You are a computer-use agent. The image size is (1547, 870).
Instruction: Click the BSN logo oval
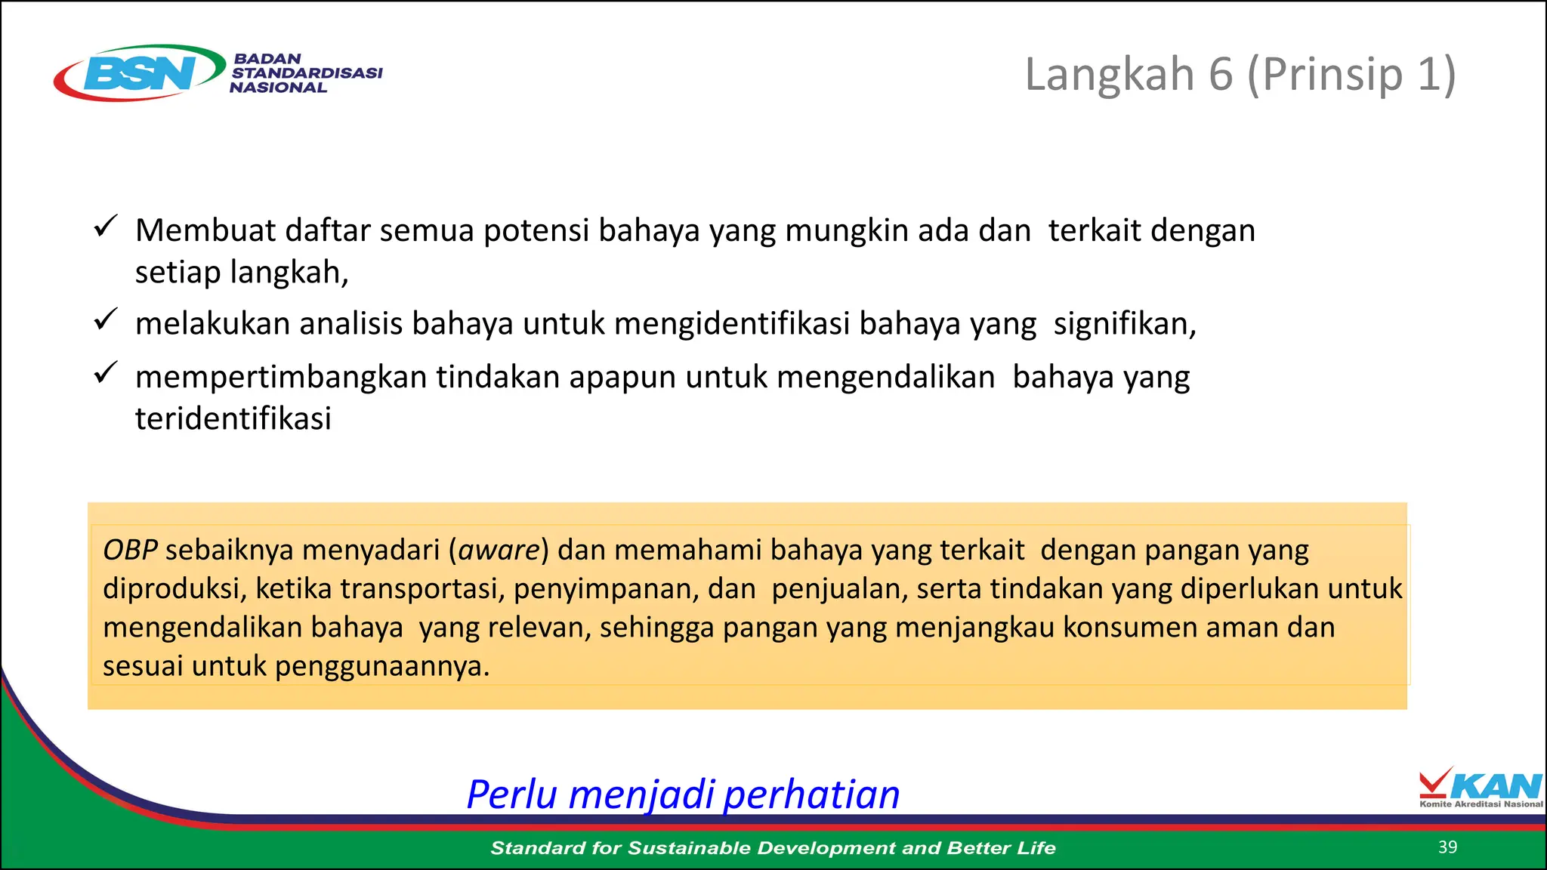click(x=140, y=72)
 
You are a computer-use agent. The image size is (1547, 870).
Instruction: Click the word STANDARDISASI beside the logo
click(x=307, y=73)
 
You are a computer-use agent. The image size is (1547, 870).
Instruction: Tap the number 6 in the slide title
click(x=1221, y=75)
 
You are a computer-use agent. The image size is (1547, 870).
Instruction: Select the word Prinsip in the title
click(x=1332, y=75)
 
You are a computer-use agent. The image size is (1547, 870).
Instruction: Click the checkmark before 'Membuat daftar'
click(x=106, y=226)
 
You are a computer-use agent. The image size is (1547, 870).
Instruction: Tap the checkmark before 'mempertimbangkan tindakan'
click(x=106, y=372)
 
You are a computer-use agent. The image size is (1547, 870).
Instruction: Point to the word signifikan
click(x=1124, y=324)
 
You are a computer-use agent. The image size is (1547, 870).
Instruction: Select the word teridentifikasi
click(x=233, y=418)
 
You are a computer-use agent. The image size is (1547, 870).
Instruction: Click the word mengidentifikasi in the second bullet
click(x=732, y=324)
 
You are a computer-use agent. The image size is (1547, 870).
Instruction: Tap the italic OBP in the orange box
click(x=130, y=550)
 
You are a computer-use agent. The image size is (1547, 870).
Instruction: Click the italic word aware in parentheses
click(x=499, y=550)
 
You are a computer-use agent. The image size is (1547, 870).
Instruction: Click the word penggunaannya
click(x=381, y=666)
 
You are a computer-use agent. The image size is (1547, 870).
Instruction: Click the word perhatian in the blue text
click(x=811, y=794)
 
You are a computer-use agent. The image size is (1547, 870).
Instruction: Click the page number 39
click(x=1447, y=847)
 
